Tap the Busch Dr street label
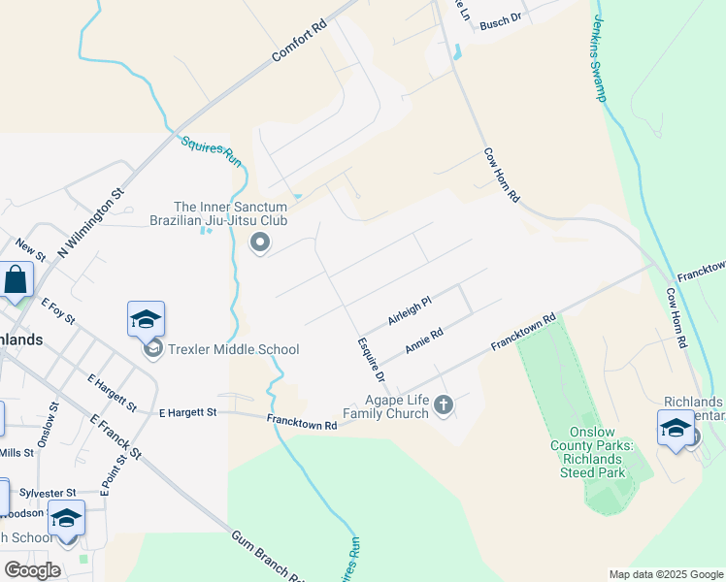point(501,19)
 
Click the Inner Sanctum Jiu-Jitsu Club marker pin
point(259,242)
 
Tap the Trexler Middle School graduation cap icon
point(146,319)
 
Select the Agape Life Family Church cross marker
point(444,404)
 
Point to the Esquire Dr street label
point(371,359)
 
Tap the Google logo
point(32,570)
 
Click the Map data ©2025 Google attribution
point(666,574)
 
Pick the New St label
point(30,250)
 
